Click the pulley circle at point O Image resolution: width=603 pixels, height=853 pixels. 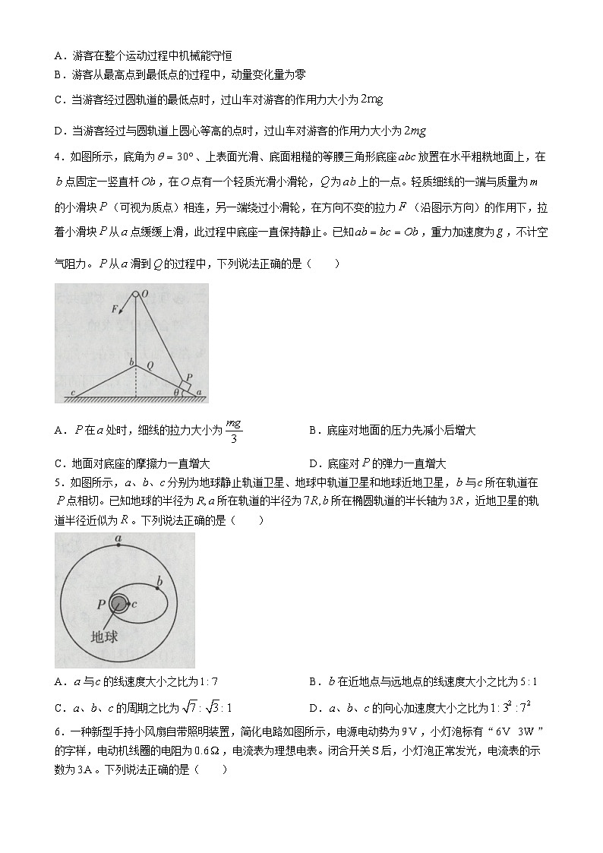pyautogui.click(x=135, y=295)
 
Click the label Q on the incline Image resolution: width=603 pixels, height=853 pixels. pyautogui.click(x=150, y=365)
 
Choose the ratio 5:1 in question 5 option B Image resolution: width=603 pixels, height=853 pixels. pyautogui.click(x=534, y=681)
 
